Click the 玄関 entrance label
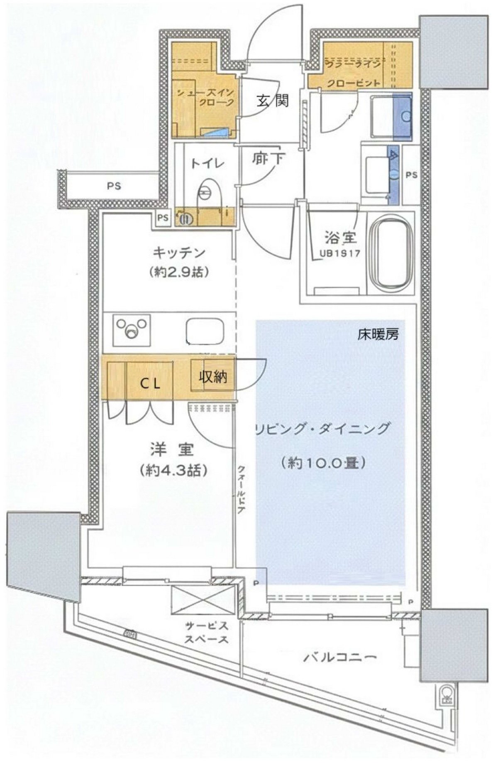coord(272,101)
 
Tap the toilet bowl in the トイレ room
coord(206,192)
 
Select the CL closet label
coord(150,384)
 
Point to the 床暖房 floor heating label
coord(378,335)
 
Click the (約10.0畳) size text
coord(322,462)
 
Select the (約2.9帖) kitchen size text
coord(179,272)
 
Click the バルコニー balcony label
coord(340,657)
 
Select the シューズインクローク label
coord(205,98)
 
